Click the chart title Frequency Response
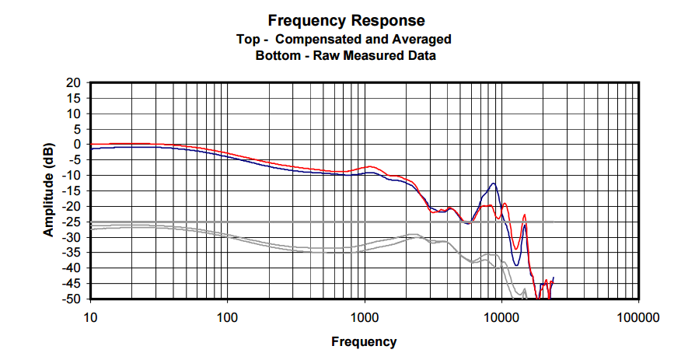(347, 20)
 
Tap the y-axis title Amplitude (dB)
(48, 190)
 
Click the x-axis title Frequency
(364, 341)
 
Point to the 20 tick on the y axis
(74, 82)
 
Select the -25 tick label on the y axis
(72, 222)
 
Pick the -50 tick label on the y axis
(72, 299)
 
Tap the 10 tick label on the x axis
(90, 317)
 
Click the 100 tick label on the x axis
(227, 317)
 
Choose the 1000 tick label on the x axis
(364, 317)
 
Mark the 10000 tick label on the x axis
(501, 317)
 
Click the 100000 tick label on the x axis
(638, 317)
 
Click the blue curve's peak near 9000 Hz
(494, 183)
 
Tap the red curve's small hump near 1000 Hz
(372, 166)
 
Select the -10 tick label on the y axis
(72, 175)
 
